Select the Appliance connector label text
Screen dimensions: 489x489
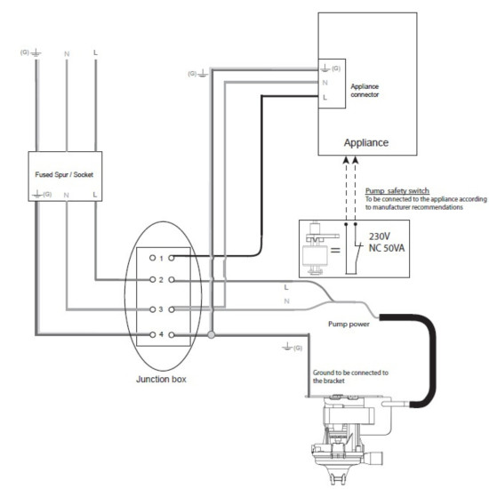pyautogui.click(x=365, y=84)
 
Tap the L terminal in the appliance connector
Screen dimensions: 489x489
pyautogui.click(x=325, y=95)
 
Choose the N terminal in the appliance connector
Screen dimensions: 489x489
pyautogui.click(x=325, y=81)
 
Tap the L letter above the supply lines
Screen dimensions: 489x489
pyautogui.click(x=95, y=53)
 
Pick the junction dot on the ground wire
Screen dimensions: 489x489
pyautogui.click(x=211, y=335)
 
